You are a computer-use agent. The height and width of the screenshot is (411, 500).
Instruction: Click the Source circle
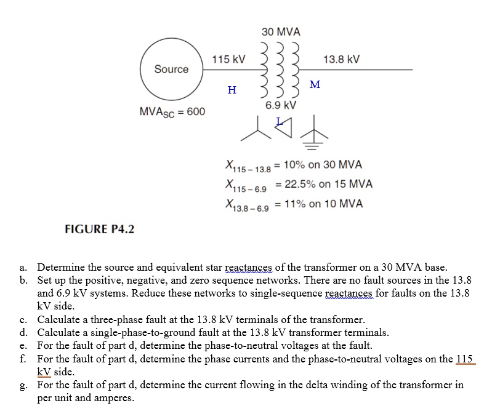click(x=171, y=69)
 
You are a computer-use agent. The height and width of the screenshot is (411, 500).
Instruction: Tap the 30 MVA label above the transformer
click(x=281, y=31)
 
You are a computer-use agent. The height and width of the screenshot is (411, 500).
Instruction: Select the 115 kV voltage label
click(x=228, y=60)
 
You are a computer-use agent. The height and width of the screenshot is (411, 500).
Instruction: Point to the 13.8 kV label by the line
click(x=341, y=60)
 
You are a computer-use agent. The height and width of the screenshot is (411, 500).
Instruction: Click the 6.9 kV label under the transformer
click(x=281, y=105)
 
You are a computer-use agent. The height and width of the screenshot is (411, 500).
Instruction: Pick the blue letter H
click(x=232, y=90)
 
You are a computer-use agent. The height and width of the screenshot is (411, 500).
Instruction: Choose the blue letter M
click(x=315, y=84)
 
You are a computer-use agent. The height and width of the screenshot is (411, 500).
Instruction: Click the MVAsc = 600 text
click(x=172, y=112)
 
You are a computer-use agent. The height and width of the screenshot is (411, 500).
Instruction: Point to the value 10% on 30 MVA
click(x=323, y=165)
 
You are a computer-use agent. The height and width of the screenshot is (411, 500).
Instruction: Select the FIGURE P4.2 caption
click(x=100, y=229)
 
